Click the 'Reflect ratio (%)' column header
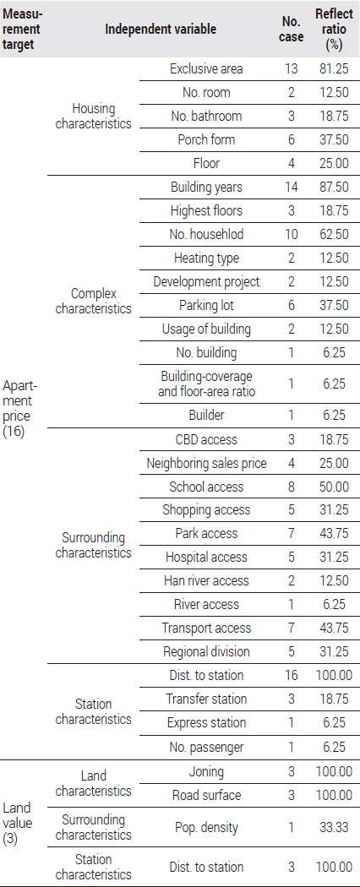[334, 29]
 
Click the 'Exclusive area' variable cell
[206, 69]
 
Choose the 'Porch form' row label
[206, 139]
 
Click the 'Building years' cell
[206, 188]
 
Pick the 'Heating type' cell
[206, 258]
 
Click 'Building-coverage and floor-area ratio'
[206, 384]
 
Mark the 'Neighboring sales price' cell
[206, 463]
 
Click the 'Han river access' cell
[206, 581]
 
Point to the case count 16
[292, 675]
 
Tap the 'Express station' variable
[206, 723]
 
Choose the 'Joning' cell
[206, 771]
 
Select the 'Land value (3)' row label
[17, 823]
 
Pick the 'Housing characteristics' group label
[94, 116]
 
